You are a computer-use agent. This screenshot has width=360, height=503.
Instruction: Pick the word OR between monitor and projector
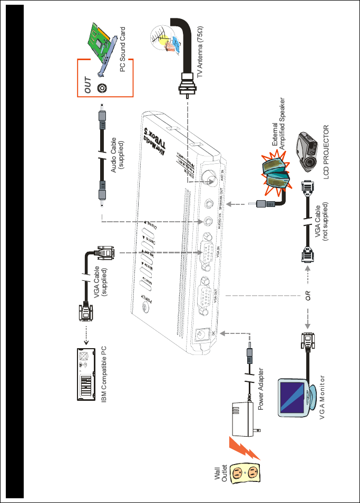(309, 293)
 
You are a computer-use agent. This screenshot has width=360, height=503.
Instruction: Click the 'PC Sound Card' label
(123, 49)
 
